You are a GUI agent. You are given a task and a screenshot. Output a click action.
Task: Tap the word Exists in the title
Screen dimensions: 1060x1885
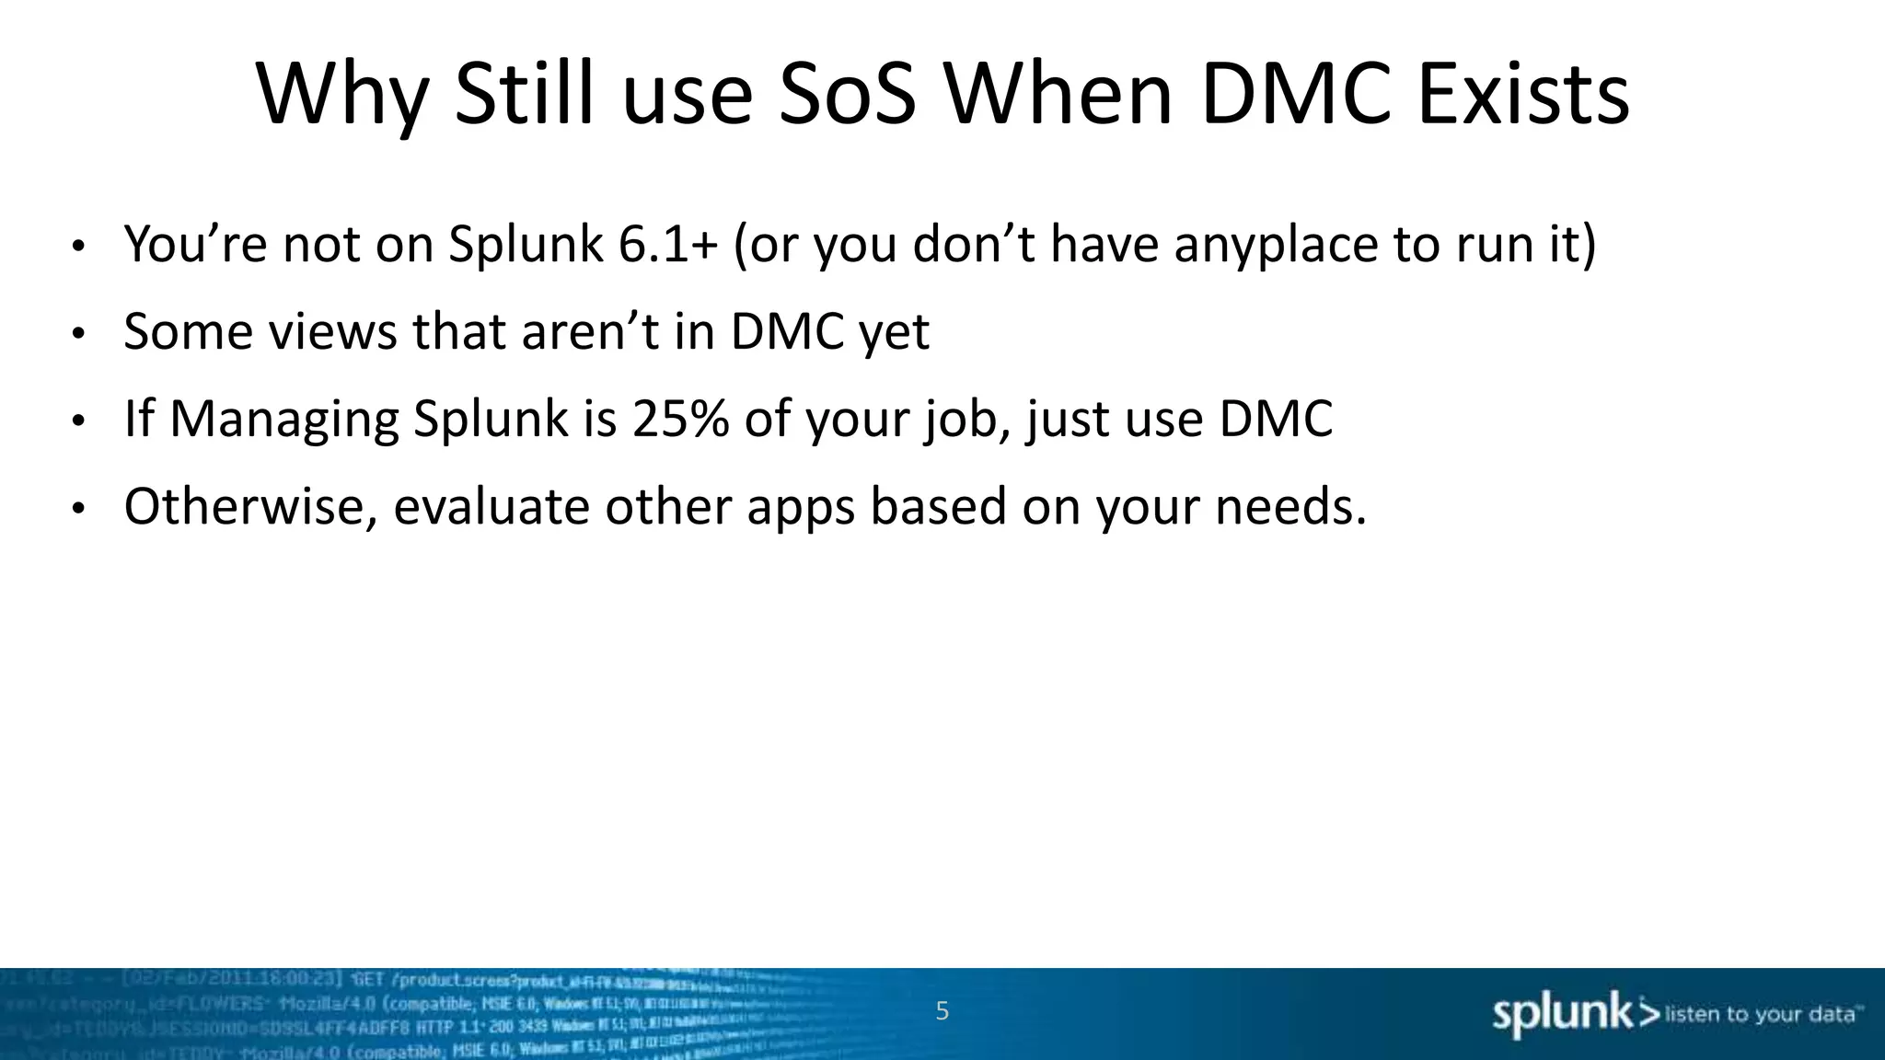click(1524, 95)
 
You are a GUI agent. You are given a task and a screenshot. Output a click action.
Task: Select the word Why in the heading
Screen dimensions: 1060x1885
click(341, 95)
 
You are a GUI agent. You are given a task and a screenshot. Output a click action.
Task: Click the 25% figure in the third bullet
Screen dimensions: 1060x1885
click(680, 420)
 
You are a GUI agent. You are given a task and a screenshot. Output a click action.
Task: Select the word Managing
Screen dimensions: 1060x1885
click(284, 420)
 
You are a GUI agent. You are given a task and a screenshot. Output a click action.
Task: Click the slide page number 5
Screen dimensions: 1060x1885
click(942, 1012)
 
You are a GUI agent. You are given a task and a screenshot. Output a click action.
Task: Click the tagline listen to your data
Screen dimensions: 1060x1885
click(1759, 1015)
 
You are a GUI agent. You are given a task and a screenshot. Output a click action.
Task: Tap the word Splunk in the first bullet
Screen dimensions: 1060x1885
click(525, 245)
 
